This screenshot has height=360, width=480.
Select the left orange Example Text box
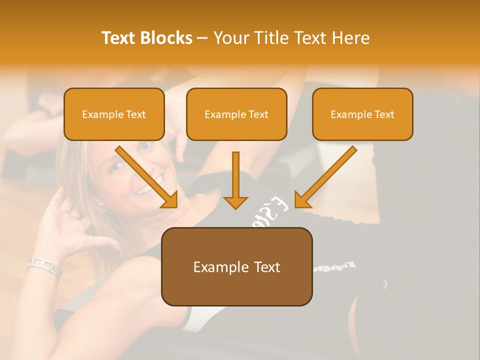coord(114,114)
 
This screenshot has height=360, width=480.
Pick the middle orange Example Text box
coord(236,114)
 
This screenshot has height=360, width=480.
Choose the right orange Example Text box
coord(362,114)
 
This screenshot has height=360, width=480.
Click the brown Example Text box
coord(236,266)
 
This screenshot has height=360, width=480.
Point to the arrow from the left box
coord(147,177)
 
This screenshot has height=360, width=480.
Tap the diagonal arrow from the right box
coord(325,177)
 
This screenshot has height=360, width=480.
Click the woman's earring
coord(100,203)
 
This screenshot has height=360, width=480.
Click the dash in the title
coord(202,38)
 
